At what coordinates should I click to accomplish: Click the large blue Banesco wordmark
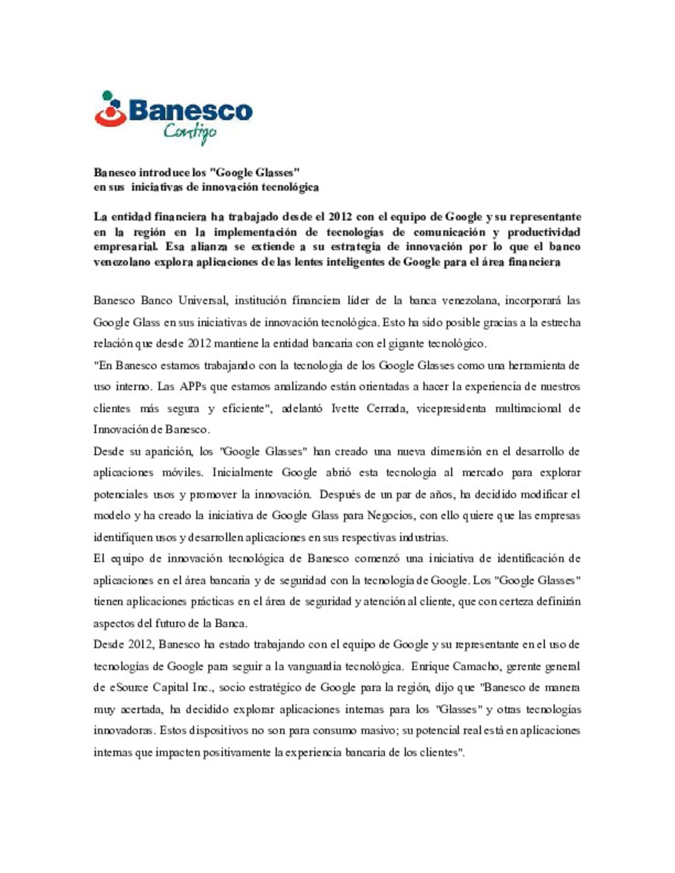(x=191, y=111)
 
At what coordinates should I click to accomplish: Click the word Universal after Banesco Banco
(x=202, y=300)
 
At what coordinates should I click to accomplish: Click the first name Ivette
(x=345, y=408)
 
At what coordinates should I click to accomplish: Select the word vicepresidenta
(x=451, y=408)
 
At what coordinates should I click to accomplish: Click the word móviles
(x=182, y=473)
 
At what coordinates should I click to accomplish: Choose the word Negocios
(x=390, y=516)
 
